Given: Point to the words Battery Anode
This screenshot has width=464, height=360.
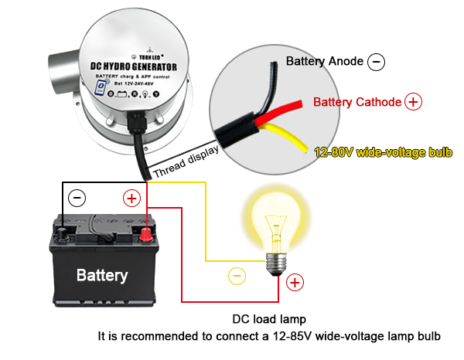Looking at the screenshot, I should point(324,60).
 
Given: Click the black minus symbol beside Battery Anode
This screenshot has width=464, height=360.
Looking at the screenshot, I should point(376,62).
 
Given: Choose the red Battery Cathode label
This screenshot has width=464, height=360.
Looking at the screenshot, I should point(357,102).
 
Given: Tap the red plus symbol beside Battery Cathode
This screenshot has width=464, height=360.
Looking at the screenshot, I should point(413,102).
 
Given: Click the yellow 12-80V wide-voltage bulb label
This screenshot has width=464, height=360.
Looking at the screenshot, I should point(382,151).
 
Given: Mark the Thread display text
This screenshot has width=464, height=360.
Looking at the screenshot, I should point(186,163).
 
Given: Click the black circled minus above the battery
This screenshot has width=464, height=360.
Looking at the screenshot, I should point(78,199).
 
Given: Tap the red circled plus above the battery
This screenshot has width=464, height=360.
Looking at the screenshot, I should point(131,199).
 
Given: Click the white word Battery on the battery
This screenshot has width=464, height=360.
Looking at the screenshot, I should point(102,275).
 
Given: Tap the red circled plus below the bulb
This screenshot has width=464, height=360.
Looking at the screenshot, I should point(294,284).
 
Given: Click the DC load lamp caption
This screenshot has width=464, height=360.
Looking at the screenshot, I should point(269,319).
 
